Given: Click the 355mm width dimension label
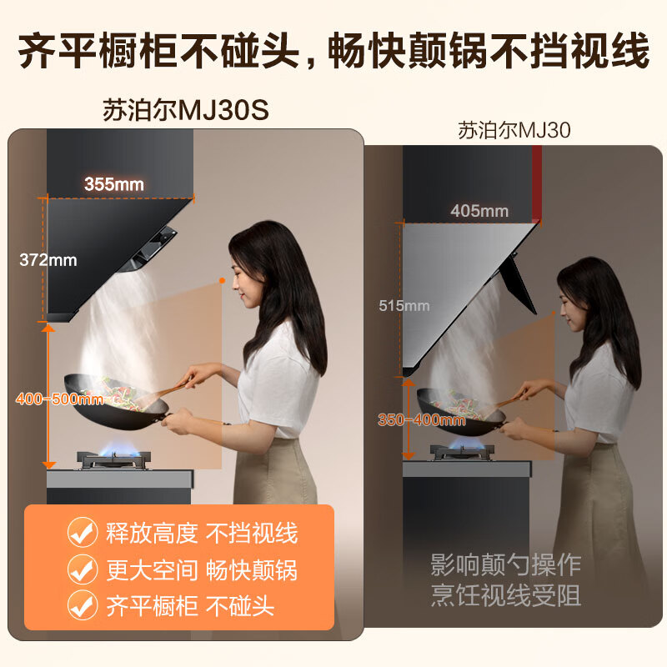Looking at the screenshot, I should pos(113,184).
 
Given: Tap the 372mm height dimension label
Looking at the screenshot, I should pos(48,260).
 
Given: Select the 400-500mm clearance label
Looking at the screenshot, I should pos(59,399).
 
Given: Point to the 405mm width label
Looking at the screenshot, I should pos(479,211).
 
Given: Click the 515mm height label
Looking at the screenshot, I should pos(404,306).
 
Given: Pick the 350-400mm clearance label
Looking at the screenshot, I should pos(421,420).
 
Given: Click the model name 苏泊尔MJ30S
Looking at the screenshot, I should pos(186,111).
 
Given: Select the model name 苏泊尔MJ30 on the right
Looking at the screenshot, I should pos(514,130).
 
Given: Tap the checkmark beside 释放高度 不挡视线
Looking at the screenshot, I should pos(82,533).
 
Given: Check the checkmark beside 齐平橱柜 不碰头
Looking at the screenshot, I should pos(82,605).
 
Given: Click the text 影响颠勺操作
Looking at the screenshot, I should pos(505,564).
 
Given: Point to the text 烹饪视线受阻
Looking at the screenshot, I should pos(505,596).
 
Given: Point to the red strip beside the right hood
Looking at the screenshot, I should pos(536,183).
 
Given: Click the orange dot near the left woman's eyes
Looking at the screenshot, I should pos(222,281).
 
